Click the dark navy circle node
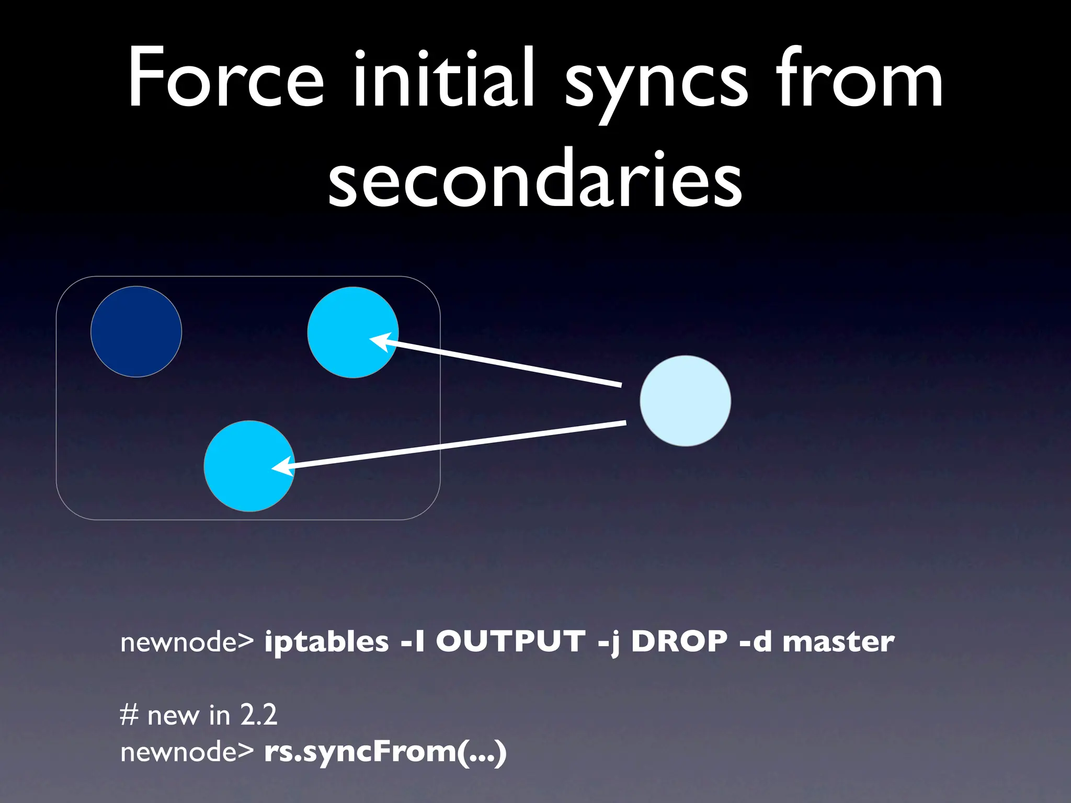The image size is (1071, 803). (136, 331)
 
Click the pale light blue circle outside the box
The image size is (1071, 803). (685, 401)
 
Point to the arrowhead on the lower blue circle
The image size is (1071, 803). (282, 466)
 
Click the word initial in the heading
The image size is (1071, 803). (444, 78)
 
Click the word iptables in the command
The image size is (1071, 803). (326, 642)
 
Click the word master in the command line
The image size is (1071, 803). (838, 642)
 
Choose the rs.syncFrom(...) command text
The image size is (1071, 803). (385, 752)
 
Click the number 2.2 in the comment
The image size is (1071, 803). (258, 715)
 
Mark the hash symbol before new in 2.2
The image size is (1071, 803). (129, 715)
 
